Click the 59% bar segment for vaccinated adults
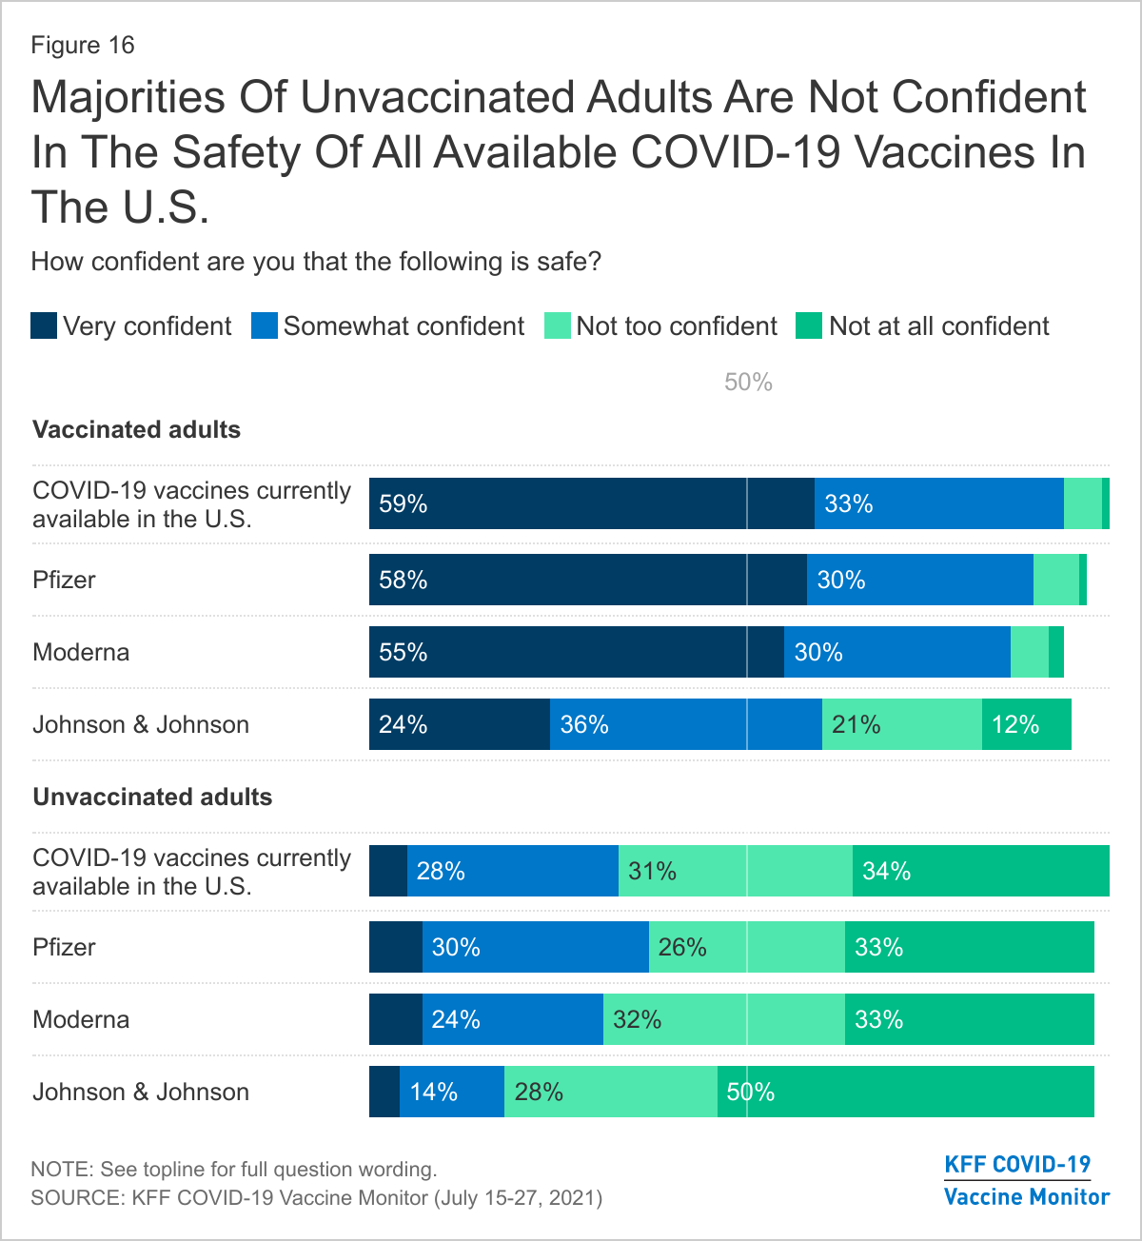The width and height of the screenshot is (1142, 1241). click(591, 503)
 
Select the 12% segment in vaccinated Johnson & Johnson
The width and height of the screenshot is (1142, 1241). click(1026, 724)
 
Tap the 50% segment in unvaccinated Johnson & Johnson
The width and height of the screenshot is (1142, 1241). click(905, 1092)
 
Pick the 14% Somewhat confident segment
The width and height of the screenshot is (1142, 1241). click(451, 1092)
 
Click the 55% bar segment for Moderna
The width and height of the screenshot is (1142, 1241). click(576, 652)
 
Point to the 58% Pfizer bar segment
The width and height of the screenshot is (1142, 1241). click(587, 580)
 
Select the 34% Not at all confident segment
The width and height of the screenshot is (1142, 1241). click(980, 871)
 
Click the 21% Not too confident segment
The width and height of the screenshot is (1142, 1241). click(901, 724)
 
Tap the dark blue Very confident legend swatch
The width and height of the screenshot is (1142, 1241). click(44, 326)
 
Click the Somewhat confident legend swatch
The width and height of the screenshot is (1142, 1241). click(265, 326)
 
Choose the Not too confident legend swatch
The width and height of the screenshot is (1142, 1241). click(557, 326)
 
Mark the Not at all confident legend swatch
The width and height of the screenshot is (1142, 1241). click(809, 326)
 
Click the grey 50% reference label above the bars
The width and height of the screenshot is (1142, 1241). click(748, 383)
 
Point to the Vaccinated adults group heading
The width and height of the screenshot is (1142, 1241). click(136, 430)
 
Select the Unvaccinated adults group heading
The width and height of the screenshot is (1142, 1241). click(152, 798)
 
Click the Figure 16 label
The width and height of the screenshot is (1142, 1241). click(83, 46)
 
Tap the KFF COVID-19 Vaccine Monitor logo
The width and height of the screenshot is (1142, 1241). click(1026, 1180)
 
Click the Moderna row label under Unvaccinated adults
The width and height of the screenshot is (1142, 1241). click(81, 1019)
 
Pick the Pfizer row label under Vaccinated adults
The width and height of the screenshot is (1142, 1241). click(64, 580)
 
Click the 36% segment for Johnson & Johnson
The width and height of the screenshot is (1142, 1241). click(685, 724)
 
